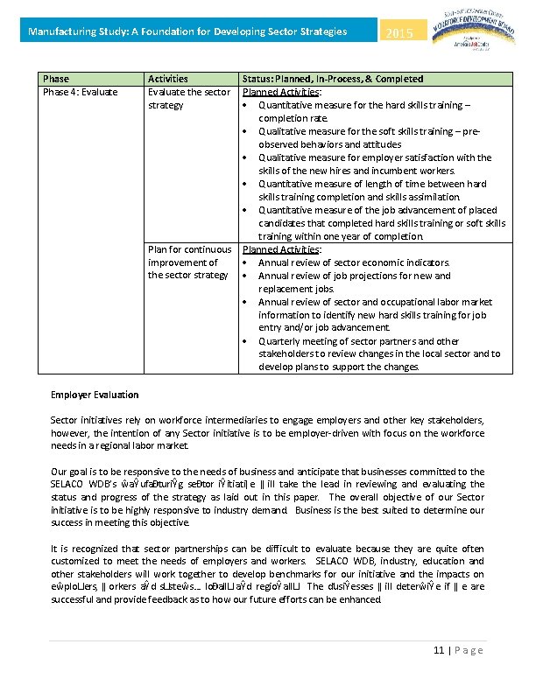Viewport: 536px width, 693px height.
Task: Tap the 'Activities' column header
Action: tap(167, 79)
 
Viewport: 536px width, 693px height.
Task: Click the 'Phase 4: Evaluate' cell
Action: tap(81, 92)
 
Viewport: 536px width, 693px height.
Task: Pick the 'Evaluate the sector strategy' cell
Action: tap(189, 98)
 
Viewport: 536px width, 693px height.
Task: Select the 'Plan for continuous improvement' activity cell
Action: tap(189, 262)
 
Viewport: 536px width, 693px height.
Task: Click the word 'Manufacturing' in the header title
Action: tap(58, 32)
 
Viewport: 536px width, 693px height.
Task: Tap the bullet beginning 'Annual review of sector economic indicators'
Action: tap(354, 262)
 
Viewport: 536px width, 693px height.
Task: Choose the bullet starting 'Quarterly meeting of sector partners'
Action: tap(379, 353)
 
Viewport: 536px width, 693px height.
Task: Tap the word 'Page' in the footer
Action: tap(470, 650)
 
